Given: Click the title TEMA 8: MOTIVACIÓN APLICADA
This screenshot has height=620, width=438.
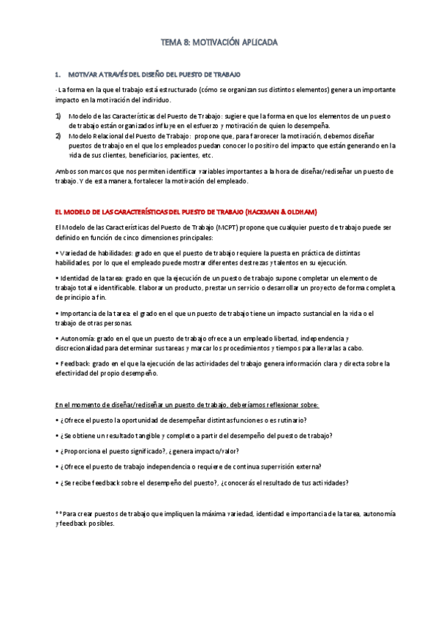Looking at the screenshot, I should [x=219, y=43].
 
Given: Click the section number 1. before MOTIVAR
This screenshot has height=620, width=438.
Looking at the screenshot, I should [x=58, y=75].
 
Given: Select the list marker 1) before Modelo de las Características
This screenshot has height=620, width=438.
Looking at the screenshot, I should [x=58, y=116].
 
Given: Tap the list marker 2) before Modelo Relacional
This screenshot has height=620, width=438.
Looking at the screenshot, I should [x=58, y=136].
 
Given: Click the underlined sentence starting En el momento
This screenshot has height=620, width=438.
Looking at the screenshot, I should [x=187, y=404].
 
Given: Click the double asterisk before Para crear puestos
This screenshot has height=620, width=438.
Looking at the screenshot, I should [x=59, y=514].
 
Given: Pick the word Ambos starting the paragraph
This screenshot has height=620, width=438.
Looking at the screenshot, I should [x=66, y=171].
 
